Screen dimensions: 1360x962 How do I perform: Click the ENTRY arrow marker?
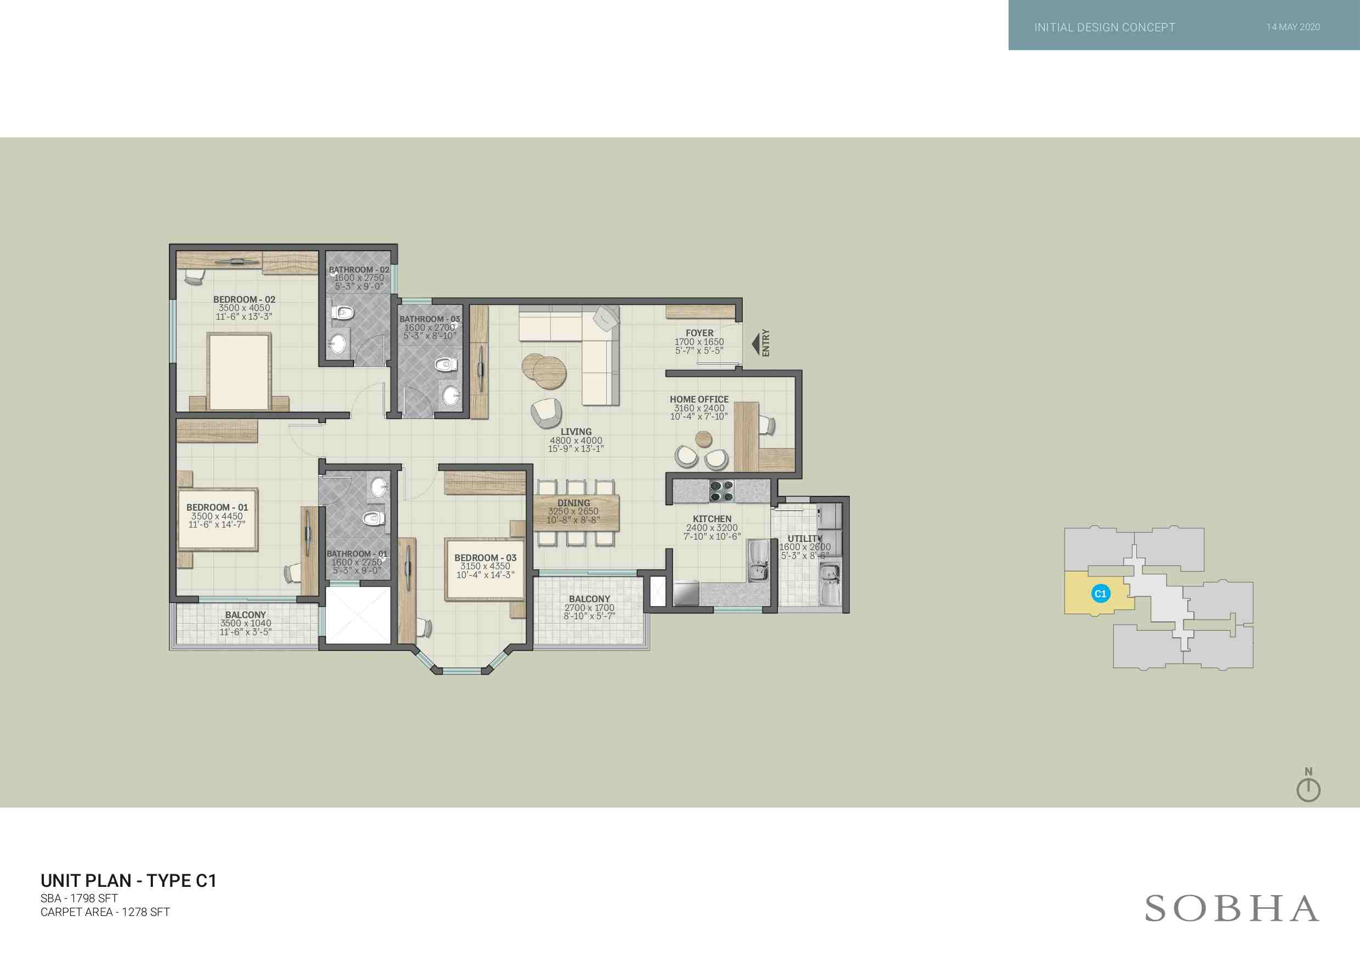[756, 344]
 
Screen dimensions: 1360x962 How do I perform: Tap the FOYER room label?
[699, 333]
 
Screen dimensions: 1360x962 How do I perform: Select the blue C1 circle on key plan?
[1101, 593]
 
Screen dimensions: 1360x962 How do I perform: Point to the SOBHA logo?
[1232, 909]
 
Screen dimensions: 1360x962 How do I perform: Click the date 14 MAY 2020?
[1293, 27]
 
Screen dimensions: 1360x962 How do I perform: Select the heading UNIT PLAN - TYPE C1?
[128, 881]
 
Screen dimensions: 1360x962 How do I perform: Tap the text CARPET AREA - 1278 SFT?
[105, 912]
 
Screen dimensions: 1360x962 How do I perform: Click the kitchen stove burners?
[721, 491]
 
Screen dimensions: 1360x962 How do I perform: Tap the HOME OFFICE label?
[699, 399]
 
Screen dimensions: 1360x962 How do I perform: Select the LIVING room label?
[576, 432]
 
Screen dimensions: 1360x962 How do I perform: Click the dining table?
[576, 513]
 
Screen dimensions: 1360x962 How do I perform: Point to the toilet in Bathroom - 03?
[446, 364]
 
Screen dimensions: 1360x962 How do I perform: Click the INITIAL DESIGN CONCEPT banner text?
[1105, 27]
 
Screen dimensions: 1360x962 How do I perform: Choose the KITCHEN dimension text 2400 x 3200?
[712, 528]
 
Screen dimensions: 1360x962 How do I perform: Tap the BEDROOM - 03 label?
[485, 558]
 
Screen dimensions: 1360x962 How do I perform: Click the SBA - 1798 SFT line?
[79, 898]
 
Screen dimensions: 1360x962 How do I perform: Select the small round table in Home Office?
[704, 439]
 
